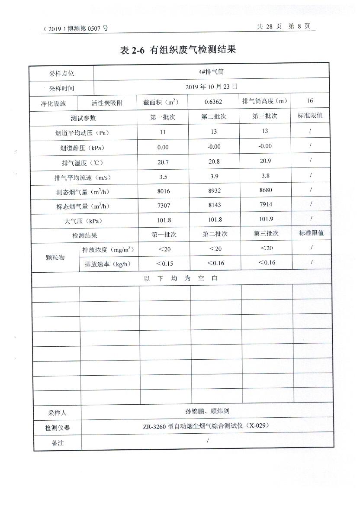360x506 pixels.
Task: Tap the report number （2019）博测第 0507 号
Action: click(x=76, y=29)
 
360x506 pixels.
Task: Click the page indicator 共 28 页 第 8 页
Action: click(x=283, y=26)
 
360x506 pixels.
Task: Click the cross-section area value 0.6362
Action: click(x=214, y=102)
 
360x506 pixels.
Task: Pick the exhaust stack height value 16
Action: click(x=309, y=101)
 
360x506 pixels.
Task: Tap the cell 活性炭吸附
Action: click(x=107, y=103)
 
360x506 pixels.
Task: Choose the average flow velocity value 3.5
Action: click(x=163, y=177)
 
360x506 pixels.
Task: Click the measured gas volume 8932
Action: click(x=215, y=191)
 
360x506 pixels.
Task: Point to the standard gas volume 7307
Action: click(x=163, y=206)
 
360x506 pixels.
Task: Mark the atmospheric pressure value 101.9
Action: click(x=266, y=219)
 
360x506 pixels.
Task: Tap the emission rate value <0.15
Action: click(x=164, y=263)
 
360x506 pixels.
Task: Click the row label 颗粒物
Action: click(x=55, y=257)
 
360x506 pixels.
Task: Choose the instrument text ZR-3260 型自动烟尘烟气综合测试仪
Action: click(x=206, y=426)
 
